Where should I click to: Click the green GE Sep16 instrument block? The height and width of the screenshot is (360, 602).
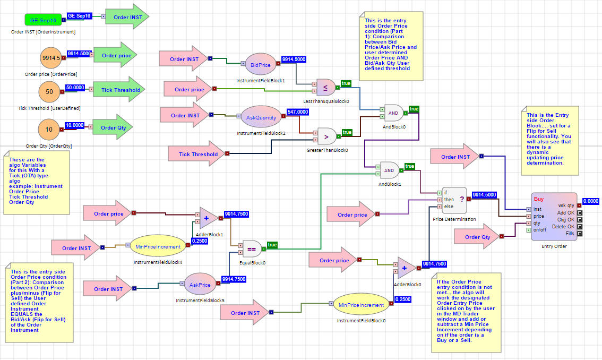[42, 20]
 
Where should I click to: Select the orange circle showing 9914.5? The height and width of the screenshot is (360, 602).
[51, 58]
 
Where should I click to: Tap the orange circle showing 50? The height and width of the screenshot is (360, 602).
[49, 91]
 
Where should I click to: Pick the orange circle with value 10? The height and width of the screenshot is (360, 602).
[49, 130]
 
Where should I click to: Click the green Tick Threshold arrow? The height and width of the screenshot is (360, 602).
[119, 90]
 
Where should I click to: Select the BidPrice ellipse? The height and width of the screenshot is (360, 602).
[260, 65]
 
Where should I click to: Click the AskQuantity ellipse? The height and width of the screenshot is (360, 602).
[261, 118]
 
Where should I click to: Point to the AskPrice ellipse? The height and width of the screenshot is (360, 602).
[200, 285]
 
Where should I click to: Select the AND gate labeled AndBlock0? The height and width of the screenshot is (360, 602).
[393, 113]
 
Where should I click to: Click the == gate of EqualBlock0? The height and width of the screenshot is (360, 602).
[252, 250]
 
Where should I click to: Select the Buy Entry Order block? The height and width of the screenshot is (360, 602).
[552, 216]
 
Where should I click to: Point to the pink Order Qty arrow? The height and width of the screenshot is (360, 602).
[477, 237]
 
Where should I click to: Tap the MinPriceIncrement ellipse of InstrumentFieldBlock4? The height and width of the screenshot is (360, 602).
[159, 246]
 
